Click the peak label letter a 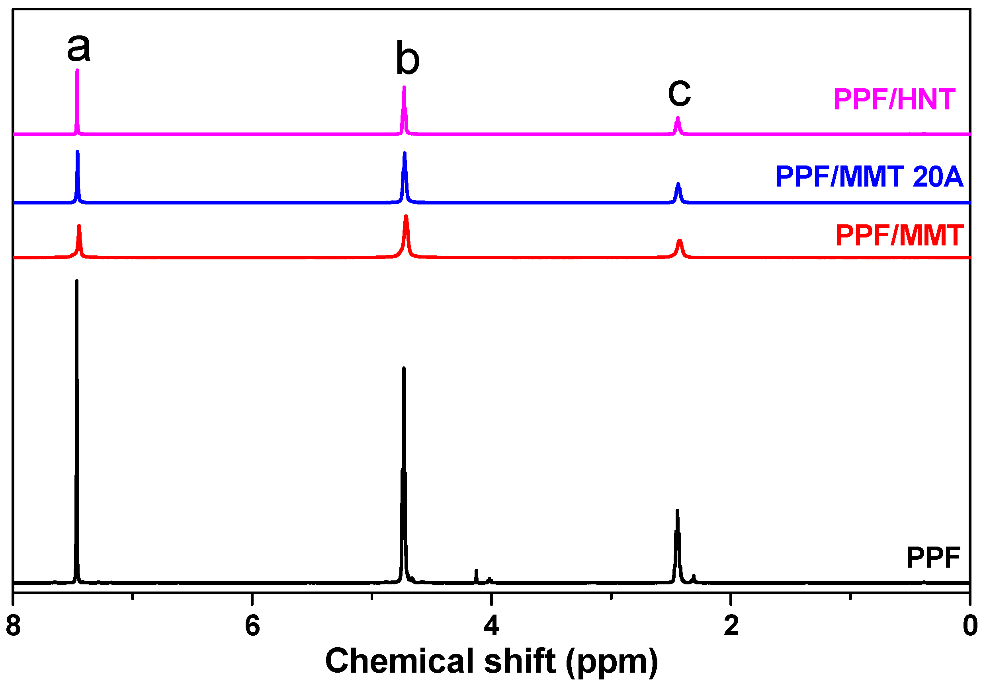tap(79, 47)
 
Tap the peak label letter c tap(679, 93)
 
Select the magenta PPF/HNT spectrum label tap(894, 99)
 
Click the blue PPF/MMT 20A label tap(870, 177)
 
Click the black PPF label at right tap(933, 558)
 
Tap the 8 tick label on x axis tap(13, 626)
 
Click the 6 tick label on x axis tap(252, 626)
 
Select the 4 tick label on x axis tap(491, 626)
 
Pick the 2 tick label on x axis tap(731, 626)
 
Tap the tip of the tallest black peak tap(77, 282)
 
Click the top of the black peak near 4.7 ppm tap(403, 369)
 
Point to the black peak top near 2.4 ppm tap(677, 511)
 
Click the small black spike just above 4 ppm tap(476, 571)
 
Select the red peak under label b tap(406, 217)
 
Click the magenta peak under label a tap(77, 71)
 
